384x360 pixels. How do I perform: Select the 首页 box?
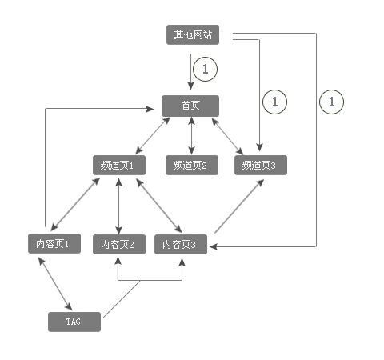point(190,106)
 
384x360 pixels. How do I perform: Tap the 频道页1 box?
point(118,166)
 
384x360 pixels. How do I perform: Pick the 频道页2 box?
point(190,166)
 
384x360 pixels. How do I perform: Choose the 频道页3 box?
point(260,166)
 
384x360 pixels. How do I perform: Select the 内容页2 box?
point(118,244)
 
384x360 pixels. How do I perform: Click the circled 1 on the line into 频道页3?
point(275,102)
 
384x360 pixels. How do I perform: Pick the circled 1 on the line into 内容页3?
point(331,102)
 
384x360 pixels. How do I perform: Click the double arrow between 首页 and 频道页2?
point(190,135)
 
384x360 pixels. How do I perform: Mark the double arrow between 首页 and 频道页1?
point(153,135)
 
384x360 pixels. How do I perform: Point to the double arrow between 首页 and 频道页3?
point(229,135)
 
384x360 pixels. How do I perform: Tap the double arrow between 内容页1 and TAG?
point(55,283)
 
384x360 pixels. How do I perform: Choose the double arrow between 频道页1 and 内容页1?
point(76,205)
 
